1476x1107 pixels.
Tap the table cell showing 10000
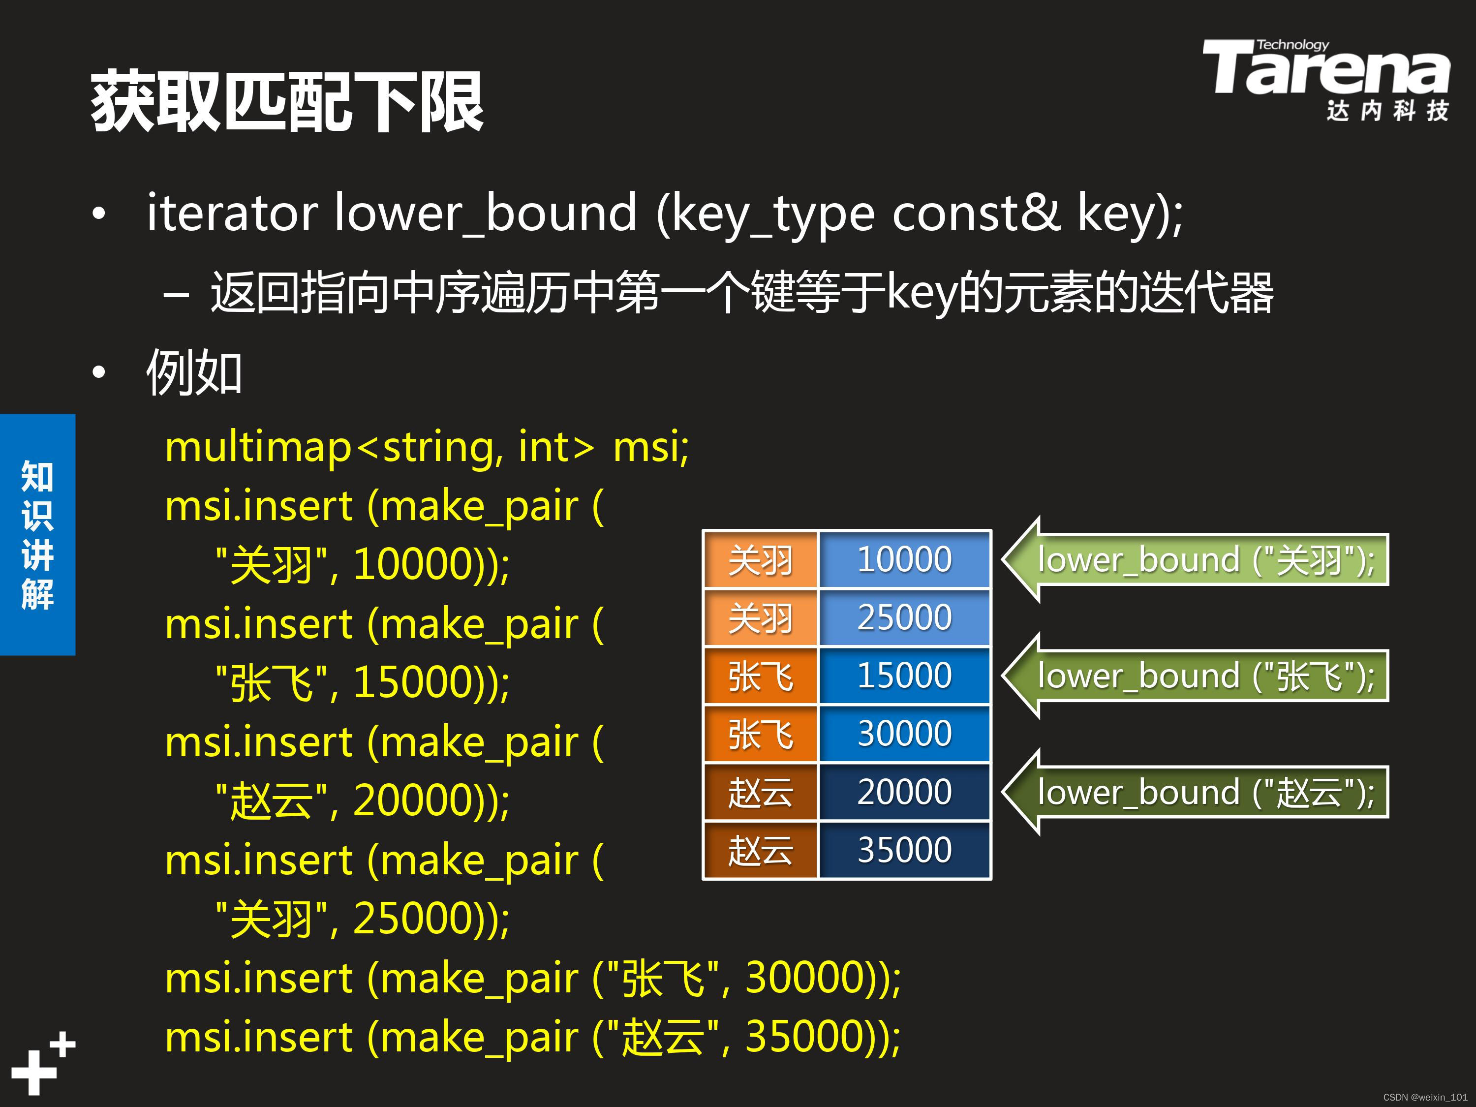(904, 559)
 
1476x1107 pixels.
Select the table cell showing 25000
(904, 617)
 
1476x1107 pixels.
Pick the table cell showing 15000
(904, 676)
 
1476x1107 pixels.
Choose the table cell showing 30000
(904, 734)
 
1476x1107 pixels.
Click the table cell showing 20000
(904, 791)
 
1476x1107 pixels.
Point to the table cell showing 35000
(904, 849)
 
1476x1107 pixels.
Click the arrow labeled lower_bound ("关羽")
(1195, 560)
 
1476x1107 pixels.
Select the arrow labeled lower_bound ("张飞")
(1195, 676)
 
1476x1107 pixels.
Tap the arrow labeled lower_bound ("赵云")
(1195, 792)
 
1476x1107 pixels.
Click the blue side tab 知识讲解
(37, 534)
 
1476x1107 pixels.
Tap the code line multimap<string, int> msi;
(427, 447)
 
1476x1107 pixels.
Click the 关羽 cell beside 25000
(761, 617)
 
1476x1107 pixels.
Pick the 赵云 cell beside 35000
(761, 849)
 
